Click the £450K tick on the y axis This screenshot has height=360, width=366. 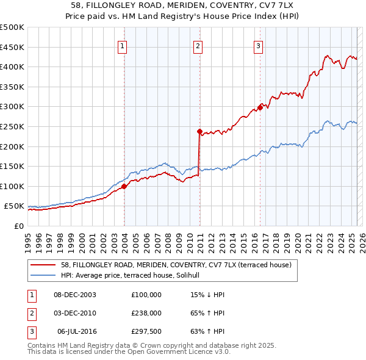12,47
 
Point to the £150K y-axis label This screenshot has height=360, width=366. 12,166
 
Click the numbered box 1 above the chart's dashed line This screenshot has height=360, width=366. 123,46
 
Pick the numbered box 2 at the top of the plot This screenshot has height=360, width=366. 198,46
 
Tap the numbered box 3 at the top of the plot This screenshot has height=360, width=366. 258,46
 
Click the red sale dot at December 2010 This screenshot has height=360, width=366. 199,131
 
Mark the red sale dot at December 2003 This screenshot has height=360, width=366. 124,186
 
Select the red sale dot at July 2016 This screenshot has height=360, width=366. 260,107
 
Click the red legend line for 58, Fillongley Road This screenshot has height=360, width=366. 43,265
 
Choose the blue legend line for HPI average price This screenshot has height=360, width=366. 43,275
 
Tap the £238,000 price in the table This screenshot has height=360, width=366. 146,312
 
